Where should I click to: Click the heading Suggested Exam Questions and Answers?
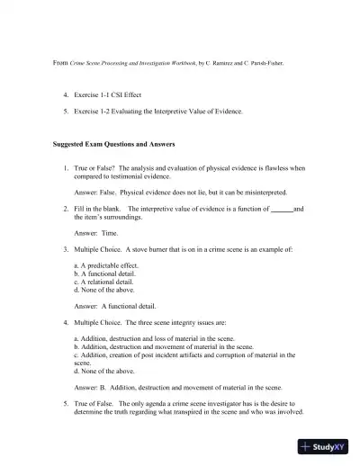(112, 144)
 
